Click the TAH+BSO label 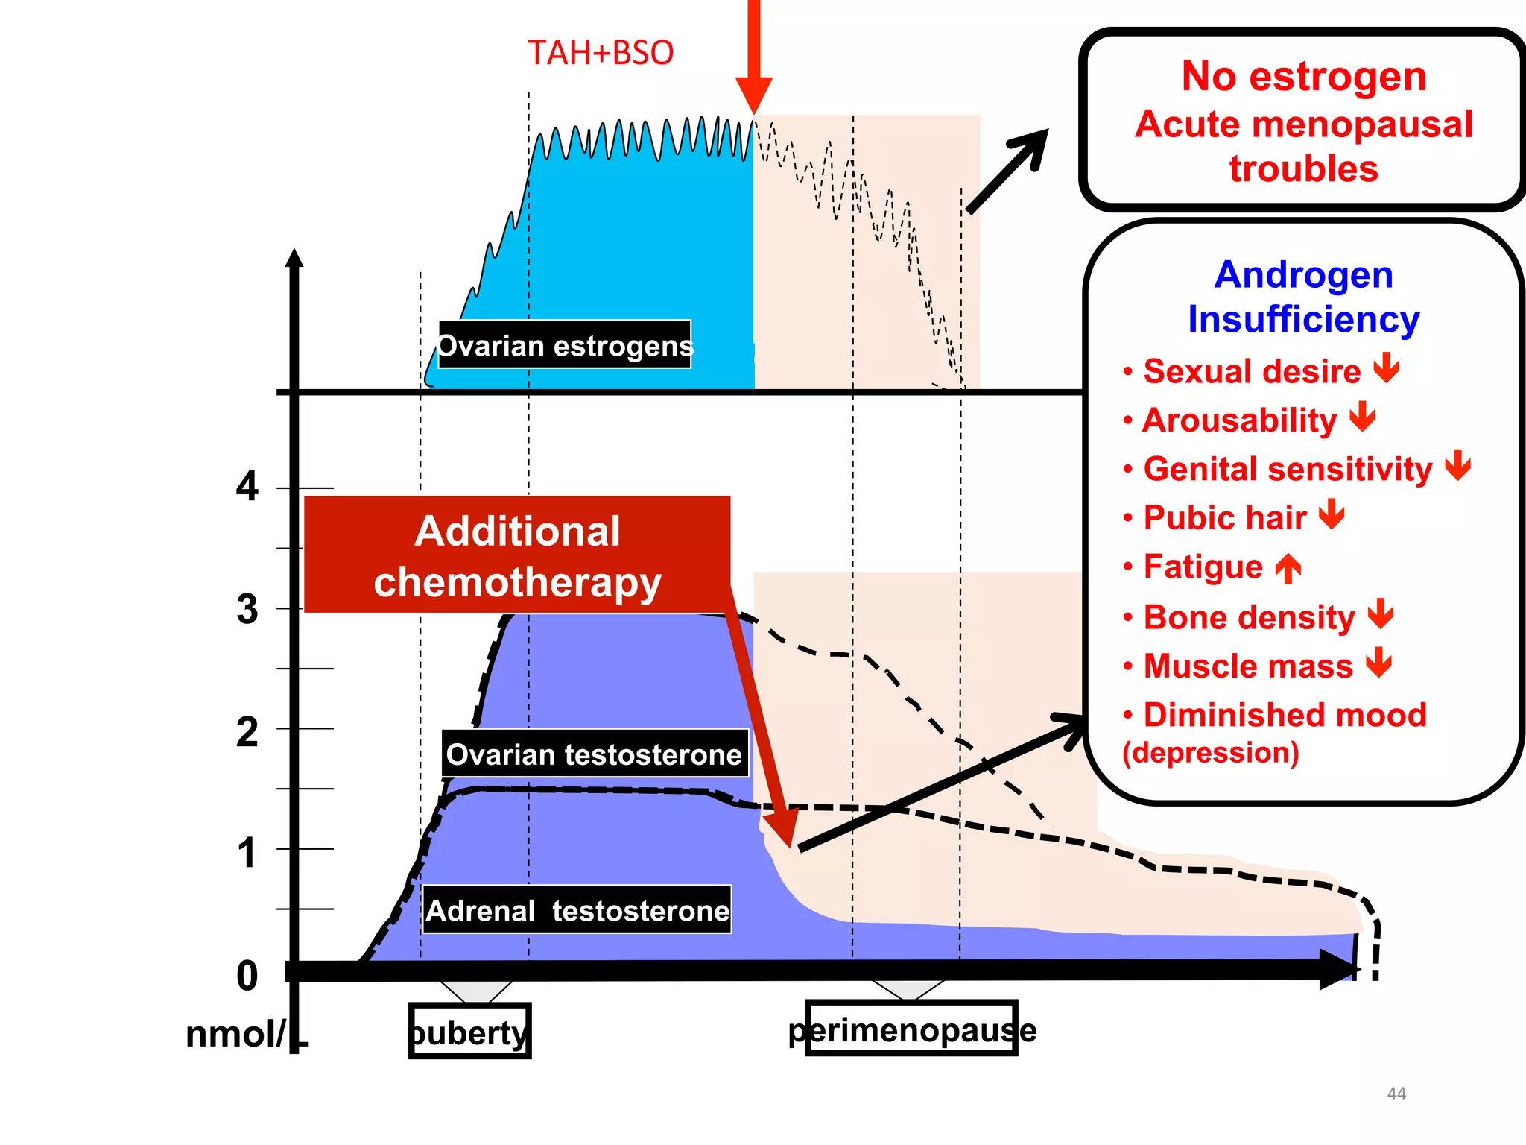601,53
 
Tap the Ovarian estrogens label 565,345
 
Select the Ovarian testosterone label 594,754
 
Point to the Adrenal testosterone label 577,910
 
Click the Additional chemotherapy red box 517,555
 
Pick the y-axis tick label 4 247,487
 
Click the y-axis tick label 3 247,609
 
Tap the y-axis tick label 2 247,731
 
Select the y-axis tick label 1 247,853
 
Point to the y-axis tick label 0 247,976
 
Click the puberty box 469,1032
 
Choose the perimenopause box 912,1029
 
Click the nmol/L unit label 246,1035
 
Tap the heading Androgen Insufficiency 1303,297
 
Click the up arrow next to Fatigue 1288,568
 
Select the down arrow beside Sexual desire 1387,368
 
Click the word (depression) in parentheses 1211,752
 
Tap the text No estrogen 1304,76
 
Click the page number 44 1396,1094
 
